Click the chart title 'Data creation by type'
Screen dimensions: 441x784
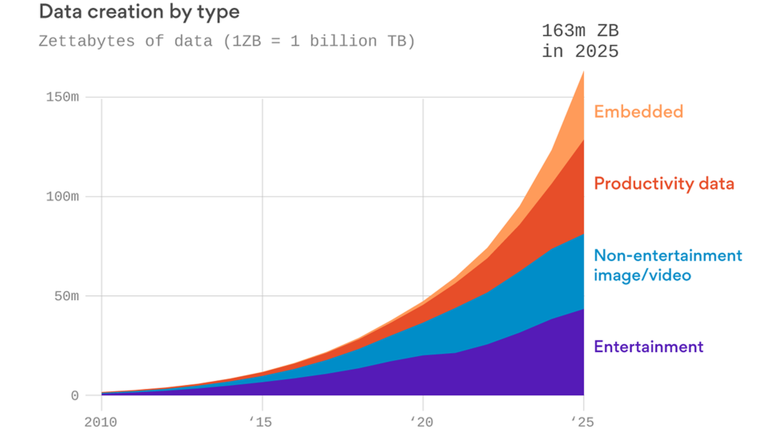point(139,12)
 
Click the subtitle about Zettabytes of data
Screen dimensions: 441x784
point(227,41)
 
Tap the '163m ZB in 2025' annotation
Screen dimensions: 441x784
point(580,41)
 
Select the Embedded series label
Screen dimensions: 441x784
point(638,112)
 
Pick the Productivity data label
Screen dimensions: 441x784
point(664,184)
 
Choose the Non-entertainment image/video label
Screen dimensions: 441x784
point(668,265)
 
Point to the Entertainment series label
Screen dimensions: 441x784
point(648,347)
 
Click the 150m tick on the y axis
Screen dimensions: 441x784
point(62,97)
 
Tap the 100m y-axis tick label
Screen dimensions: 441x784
point(62,197)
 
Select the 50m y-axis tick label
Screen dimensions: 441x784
point(66,296)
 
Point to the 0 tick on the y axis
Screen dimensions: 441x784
point(74,396)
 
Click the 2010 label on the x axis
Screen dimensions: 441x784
point(100,422)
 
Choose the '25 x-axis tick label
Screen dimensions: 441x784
point(582,422)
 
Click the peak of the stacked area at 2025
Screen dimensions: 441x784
point(583,72)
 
